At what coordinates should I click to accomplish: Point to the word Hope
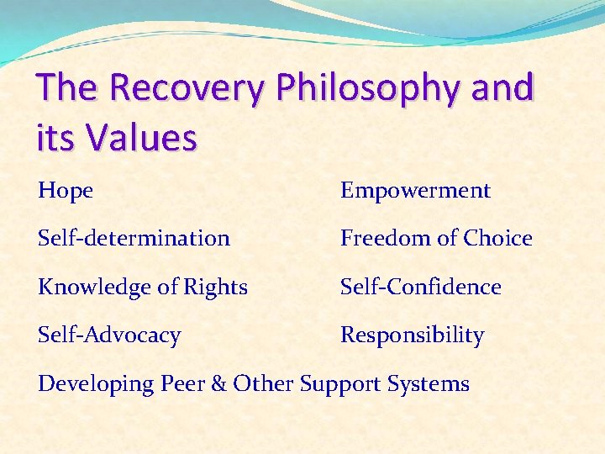[x=66, y=191]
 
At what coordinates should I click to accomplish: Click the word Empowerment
[x=415, y=191]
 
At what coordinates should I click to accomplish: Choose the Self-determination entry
[x=134, y=239]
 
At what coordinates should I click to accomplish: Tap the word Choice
[x=499, y=239]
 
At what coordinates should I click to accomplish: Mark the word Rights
[x=213, y=288]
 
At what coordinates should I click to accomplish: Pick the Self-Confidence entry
[x=420, y=287]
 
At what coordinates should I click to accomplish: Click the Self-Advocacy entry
[x=109, y=336]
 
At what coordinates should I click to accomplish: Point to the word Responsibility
[x=412, y=336]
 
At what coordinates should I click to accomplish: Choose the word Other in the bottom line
[x=263, y=384]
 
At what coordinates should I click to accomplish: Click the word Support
[x=340, y=384]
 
